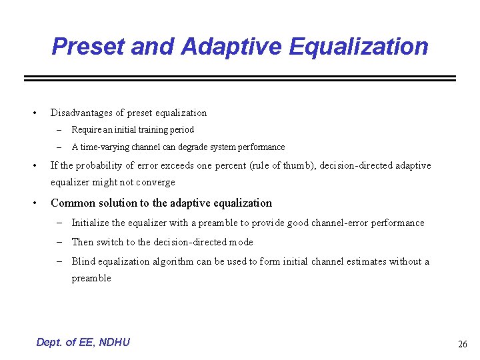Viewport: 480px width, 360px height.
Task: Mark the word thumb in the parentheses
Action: (x=299, y=165)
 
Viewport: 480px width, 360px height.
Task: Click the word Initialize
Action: (x=91, y=223)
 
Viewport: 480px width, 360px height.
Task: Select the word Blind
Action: (x=83, y=261)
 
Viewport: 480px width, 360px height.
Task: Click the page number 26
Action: (x=462, y=344)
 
